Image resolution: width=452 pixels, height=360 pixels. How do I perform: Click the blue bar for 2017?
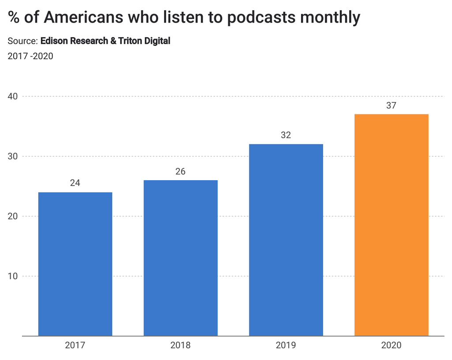75,264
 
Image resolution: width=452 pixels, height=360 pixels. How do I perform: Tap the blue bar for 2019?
286,240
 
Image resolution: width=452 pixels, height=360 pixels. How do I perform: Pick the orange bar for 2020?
392,225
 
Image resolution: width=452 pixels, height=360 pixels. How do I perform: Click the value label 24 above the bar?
75,183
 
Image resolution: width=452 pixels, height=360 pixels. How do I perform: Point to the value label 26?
181,171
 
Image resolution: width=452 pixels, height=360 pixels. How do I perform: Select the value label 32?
286,135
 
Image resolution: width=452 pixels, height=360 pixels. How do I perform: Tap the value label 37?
392,106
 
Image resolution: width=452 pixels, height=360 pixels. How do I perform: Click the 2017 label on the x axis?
75,345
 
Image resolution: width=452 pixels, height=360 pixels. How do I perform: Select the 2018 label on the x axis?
181,345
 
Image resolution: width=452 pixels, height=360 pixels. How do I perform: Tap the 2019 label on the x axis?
286,345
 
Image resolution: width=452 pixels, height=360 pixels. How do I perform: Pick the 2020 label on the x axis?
392,345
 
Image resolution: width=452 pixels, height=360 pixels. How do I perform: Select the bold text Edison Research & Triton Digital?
105,41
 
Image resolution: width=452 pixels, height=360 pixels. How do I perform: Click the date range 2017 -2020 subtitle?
30,56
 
